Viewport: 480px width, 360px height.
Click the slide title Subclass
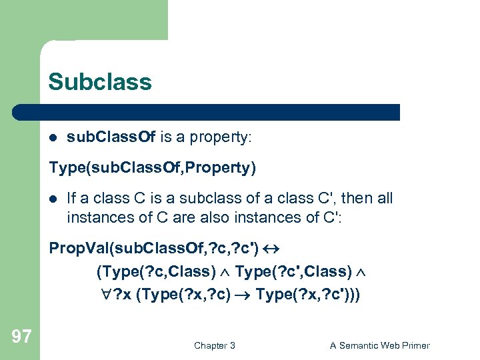point(99,82)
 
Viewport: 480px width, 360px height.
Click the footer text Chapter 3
point(214,345)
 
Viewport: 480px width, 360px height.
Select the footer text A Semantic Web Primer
point(379,345)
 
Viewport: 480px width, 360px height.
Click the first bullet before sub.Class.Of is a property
point(53,138)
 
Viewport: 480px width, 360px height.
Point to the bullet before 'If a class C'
point(53,199)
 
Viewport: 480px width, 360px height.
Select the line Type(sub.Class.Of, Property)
point(152,167)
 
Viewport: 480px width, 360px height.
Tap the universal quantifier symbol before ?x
point(100,294)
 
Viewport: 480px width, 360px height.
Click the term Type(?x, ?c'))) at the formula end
point(307,294)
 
